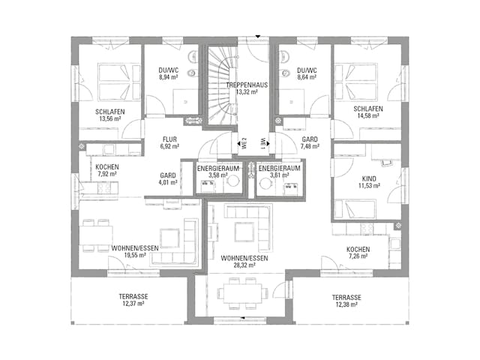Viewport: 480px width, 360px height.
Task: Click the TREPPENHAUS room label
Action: tap(247, 85)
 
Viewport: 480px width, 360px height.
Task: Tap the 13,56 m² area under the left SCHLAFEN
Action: tap(110, 118)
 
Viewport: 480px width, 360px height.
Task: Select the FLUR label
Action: tap(169, 139)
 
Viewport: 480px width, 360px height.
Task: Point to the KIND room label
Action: tap(369, 178)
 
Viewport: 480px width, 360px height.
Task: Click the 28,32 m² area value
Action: tap(244, 265)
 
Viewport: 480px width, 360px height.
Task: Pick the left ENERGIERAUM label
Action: tap(218, 168)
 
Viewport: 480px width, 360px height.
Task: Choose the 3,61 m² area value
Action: tap(279, 175)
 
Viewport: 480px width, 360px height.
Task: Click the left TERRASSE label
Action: tap(133, 296)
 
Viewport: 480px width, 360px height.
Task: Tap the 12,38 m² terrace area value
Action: tap(346, 304)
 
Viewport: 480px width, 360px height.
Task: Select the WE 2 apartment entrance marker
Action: tap(244, 143)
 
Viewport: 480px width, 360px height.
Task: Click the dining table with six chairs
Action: tap(243, 293)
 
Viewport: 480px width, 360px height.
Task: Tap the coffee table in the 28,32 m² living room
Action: tap(244, 232)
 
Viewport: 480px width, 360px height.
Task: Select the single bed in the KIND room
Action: tap(355, 209)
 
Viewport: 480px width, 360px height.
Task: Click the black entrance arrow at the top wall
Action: tap(258, 37)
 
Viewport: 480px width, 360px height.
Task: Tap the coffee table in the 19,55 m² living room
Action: tap(169, 238)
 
